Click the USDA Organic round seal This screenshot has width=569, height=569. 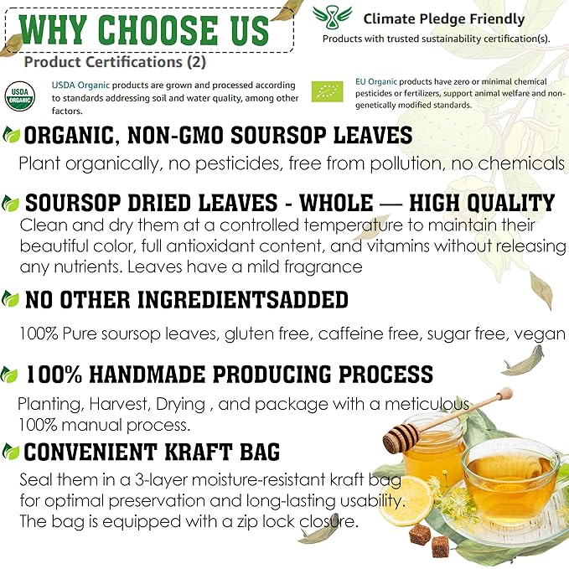[x=20, y=96]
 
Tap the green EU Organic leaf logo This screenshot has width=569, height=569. [x=327, y=91]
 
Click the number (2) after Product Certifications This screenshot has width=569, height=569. [x=196, y=62]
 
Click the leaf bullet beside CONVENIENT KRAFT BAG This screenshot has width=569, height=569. [x=10, y=453]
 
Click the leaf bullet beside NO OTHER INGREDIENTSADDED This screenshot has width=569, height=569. [x=10, y=299]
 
